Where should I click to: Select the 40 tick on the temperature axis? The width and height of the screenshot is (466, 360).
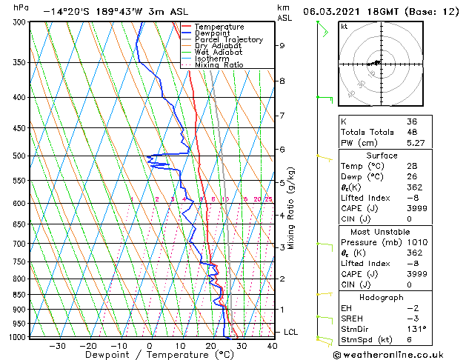272,345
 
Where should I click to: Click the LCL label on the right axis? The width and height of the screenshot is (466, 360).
290,332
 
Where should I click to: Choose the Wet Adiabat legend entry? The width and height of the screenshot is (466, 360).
217,52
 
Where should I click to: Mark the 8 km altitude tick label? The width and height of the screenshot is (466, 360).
282,80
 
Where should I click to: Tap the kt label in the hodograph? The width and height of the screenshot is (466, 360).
343,27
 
